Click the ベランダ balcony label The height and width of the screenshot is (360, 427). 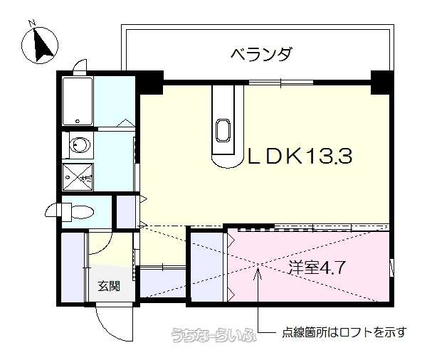262,54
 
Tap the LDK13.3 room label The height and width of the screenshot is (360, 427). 300,156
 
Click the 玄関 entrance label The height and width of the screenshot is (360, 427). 109,286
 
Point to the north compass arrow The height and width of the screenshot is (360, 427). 42,44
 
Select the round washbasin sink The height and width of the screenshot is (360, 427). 80,144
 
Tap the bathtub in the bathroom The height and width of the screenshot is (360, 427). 78,101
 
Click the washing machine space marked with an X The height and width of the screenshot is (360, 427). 78,176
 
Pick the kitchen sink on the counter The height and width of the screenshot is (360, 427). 223,130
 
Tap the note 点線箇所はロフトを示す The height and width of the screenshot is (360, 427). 344,332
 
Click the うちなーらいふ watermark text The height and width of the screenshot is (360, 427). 214,334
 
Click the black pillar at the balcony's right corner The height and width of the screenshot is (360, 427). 382,83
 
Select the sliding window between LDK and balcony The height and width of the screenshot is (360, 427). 281,83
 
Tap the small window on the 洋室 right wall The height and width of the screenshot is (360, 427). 392,268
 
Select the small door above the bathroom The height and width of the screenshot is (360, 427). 80,68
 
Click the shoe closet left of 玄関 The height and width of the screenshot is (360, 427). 73,268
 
